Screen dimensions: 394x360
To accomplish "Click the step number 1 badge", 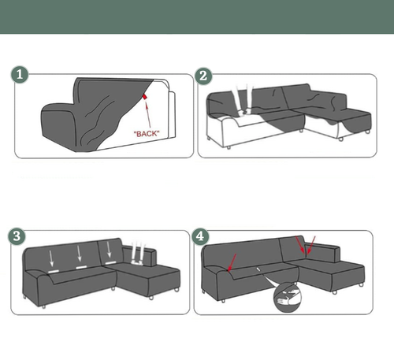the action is point(20,75).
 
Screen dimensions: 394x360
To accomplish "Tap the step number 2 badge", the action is point(203,76).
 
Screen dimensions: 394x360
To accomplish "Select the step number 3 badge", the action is point(17,236).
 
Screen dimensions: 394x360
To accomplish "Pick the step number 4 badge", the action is point(200,236).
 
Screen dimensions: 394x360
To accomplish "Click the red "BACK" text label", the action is point(147,134).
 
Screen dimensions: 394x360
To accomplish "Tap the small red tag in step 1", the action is point(145,97).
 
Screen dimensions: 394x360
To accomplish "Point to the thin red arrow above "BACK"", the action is point(148,114).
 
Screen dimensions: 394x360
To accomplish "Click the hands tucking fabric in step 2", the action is point(243,100).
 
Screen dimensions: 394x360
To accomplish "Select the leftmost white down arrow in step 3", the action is point(51,258).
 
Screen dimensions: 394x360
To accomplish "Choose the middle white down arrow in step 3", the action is point(79,254).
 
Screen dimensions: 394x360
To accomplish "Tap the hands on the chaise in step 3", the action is point(138,254).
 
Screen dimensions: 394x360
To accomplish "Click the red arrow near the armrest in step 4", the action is point(232,262).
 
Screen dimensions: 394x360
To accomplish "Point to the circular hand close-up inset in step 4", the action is point(288,298).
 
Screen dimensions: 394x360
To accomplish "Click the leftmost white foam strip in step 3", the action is point(54,271).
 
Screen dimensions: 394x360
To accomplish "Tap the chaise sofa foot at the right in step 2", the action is point(367,132).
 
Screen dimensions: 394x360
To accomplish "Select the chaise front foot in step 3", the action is point(151,298).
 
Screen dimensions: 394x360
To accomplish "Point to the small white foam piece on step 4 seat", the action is point(258,269).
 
